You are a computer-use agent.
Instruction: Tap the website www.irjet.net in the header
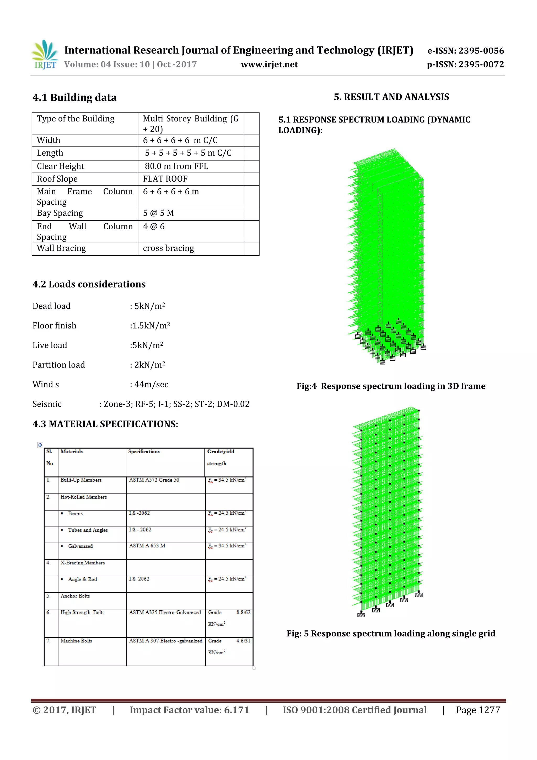click(x=269, y=65)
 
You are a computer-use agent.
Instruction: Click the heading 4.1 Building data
click(x=74, y=98)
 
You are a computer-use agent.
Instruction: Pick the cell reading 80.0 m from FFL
click(x=176, y=166)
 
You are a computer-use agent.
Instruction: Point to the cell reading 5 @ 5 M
click(x=158, y=213)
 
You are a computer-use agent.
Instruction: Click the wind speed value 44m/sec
click(x=151, y=385)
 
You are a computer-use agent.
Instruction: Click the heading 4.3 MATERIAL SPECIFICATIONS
click(x=105, y=424)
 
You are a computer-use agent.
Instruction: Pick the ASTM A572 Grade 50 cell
click(x=154, y=480)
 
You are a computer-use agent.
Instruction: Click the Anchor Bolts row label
click(x=75, y=596)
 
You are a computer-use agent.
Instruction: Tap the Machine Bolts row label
click(x=76, y=641)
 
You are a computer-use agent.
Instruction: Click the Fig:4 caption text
click(x=391, y=386)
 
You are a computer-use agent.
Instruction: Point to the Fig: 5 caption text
click(x=391, y=634)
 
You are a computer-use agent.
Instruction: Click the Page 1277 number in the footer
click(x=477, y=710)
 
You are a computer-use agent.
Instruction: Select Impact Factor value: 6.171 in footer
click(x=189, y=710)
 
